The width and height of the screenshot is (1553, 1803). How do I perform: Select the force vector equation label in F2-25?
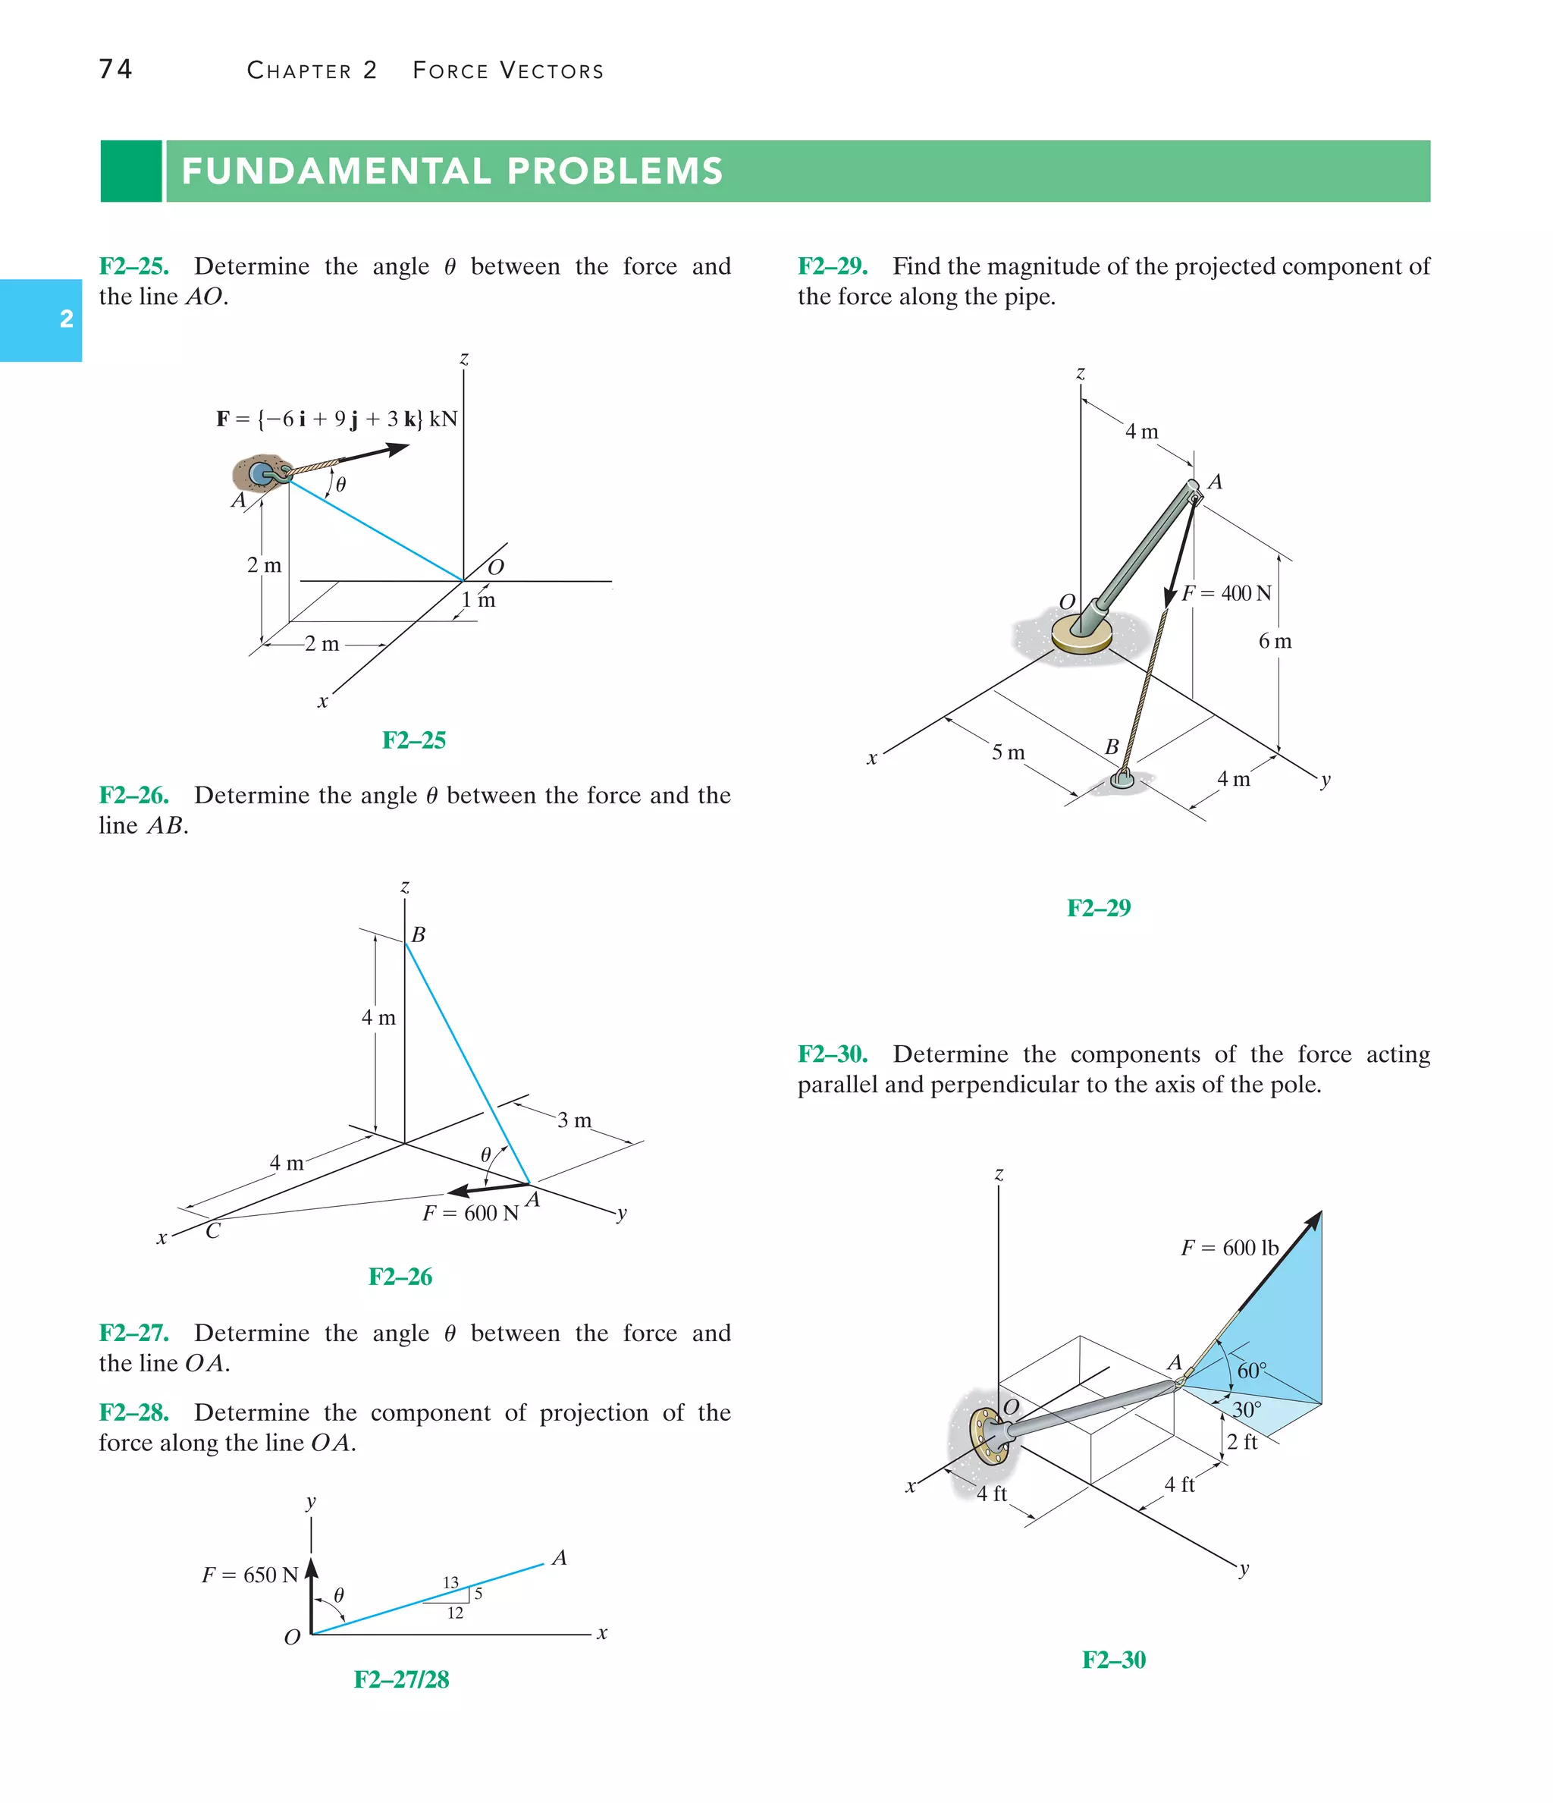pos(336,419)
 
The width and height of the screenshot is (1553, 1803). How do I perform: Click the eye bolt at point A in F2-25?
pos(262,473)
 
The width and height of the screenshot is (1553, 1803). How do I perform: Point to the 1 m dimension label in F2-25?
pos(478,599)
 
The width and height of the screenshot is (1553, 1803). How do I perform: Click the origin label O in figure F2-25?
pos(496,567)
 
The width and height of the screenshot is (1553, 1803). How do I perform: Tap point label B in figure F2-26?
pos(419,934)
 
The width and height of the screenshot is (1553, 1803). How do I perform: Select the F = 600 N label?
pos(470,1213)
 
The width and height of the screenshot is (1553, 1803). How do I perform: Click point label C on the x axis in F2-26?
pos(212,1230)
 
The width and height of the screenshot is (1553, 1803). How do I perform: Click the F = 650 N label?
pos(249,1575)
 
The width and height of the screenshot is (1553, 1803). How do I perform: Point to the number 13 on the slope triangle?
pos(450,1583)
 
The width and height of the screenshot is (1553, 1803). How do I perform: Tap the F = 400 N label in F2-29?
pos(1227,593)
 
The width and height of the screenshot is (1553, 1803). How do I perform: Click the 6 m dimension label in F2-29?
pos(1275,641)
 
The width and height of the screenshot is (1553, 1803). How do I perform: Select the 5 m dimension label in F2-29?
pos(1009,752)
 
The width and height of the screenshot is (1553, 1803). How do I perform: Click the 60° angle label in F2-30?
pos(1252,1371)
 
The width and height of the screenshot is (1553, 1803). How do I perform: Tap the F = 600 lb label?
pos(1229,1248)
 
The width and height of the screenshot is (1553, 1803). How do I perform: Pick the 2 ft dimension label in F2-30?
pos(1241,1442)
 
